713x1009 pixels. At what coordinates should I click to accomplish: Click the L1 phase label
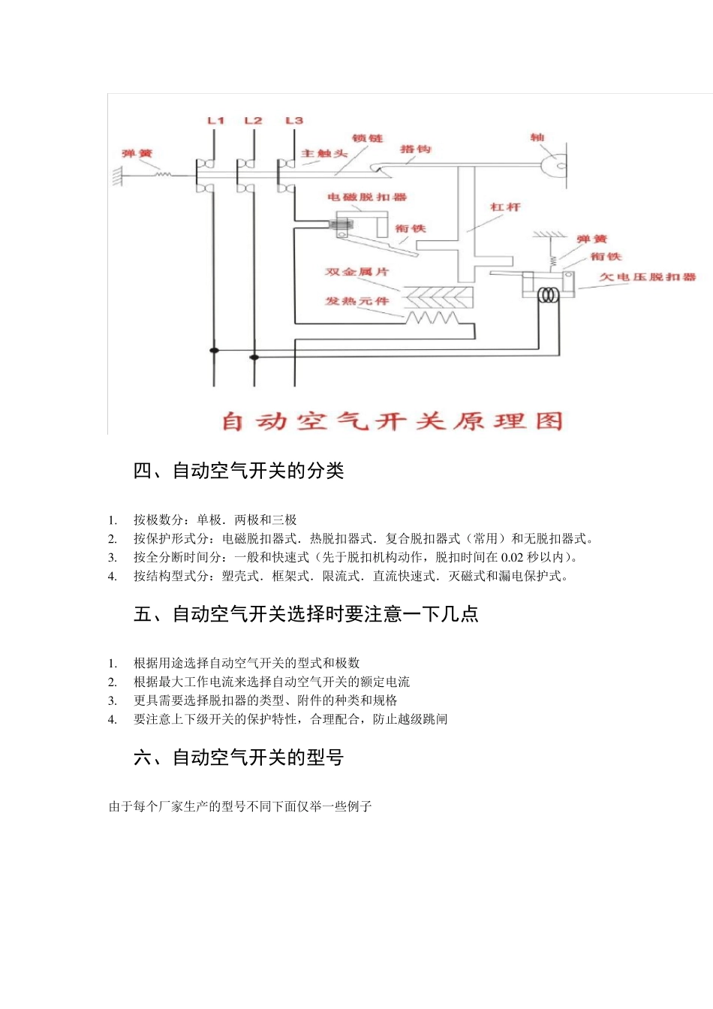[x=216, y=120]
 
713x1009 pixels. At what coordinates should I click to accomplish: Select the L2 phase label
[x=254, y=120]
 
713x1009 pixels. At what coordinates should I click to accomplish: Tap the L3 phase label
[x=294, y=120]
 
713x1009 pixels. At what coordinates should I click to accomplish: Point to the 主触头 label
[x=324, y=154]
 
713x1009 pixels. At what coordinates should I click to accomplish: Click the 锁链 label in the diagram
[x=367, y=138]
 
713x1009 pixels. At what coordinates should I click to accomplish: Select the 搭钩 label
[x=415, y=149]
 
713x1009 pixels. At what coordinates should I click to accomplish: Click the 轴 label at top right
[x=537, y=137]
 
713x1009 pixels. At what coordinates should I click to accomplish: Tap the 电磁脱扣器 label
[x=366, y=197]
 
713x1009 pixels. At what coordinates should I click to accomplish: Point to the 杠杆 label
[x=505, y=206]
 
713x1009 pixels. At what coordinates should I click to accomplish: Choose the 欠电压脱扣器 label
[x=647, y=277]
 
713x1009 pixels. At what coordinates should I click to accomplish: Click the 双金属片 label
[x=356, y=272]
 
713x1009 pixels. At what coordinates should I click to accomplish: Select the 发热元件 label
[x=356, y=301]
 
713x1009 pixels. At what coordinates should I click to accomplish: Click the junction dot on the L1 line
[x=215, y=351]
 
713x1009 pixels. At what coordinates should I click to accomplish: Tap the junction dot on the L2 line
[x=254, y=357]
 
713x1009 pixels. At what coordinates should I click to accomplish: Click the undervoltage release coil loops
[x=549, y=296]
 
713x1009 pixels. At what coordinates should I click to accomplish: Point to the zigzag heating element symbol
[x=432, y=318]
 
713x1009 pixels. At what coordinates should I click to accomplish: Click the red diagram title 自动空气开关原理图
[x=392, y=421]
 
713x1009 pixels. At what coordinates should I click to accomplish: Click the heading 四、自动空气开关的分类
[x=239, y=471]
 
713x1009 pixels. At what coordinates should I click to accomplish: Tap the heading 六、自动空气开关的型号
[x=239, y=758]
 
